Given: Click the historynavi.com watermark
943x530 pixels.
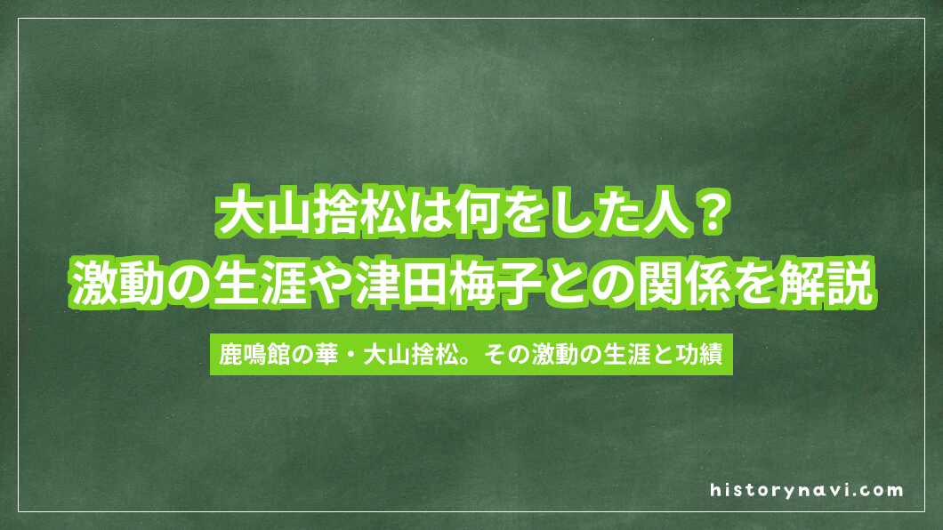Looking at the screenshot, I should [x=807, y=490].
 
